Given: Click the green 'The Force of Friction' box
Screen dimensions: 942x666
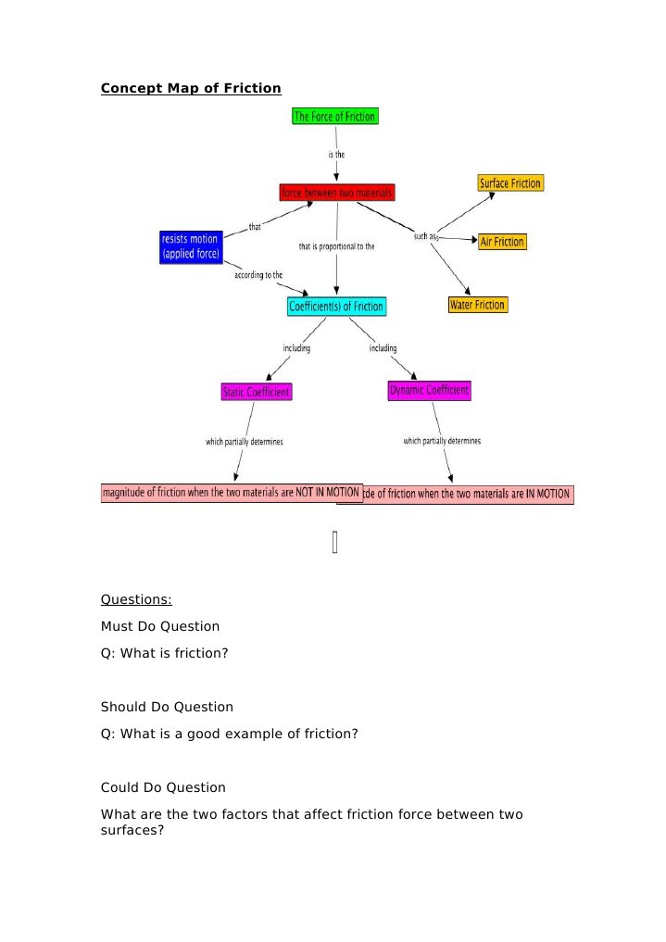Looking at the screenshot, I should [x=334, y=117].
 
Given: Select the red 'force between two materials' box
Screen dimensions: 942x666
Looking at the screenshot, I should [x=337, y=193].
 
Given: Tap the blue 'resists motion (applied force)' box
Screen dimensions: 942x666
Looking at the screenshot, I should [x=191, y=246].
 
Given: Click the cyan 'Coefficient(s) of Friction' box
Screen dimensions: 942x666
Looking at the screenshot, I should [x=335, y=307].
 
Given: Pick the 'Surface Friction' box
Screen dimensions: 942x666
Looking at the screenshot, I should [x=510, y=183].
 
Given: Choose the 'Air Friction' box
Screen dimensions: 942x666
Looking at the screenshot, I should [x=502, y=242].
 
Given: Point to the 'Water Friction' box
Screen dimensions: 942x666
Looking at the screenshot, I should [x=477, y=305].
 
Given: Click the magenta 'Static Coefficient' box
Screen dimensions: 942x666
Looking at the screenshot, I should [x=257, y=392].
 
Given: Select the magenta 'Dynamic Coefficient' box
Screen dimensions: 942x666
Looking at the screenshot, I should [x=429, y=391].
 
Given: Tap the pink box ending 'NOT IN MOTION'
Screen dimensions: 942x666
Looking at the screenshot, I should [x=231, y=492].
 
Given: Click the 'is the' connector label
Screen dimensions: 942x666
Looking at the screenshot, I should [x=336, y=155].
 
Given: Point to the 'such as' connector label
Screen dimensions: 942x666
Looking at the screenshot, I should [x=426, y=236].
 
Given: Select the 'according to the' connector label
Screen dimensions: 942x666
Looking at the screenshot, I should [x=258, y=276].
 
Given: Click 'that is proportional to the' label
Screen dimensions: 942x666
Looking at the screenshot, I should [x=336, y=246].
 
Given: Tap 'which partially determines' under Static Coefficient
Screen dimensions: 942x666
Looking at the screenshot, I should [x=245, y=442].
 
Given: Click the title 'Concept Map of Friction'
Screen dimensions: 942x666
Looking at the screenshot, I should [x=191, y=89].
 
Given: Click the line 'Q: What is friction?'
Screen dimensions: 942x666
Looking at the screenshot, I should [x=164, y=653].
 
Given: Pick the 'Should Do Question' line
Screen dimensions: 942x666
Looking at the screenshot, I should [x=167, y=707].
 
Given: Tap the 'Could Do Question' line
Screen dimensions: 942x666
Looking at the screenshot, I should [x=163, y=787].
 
